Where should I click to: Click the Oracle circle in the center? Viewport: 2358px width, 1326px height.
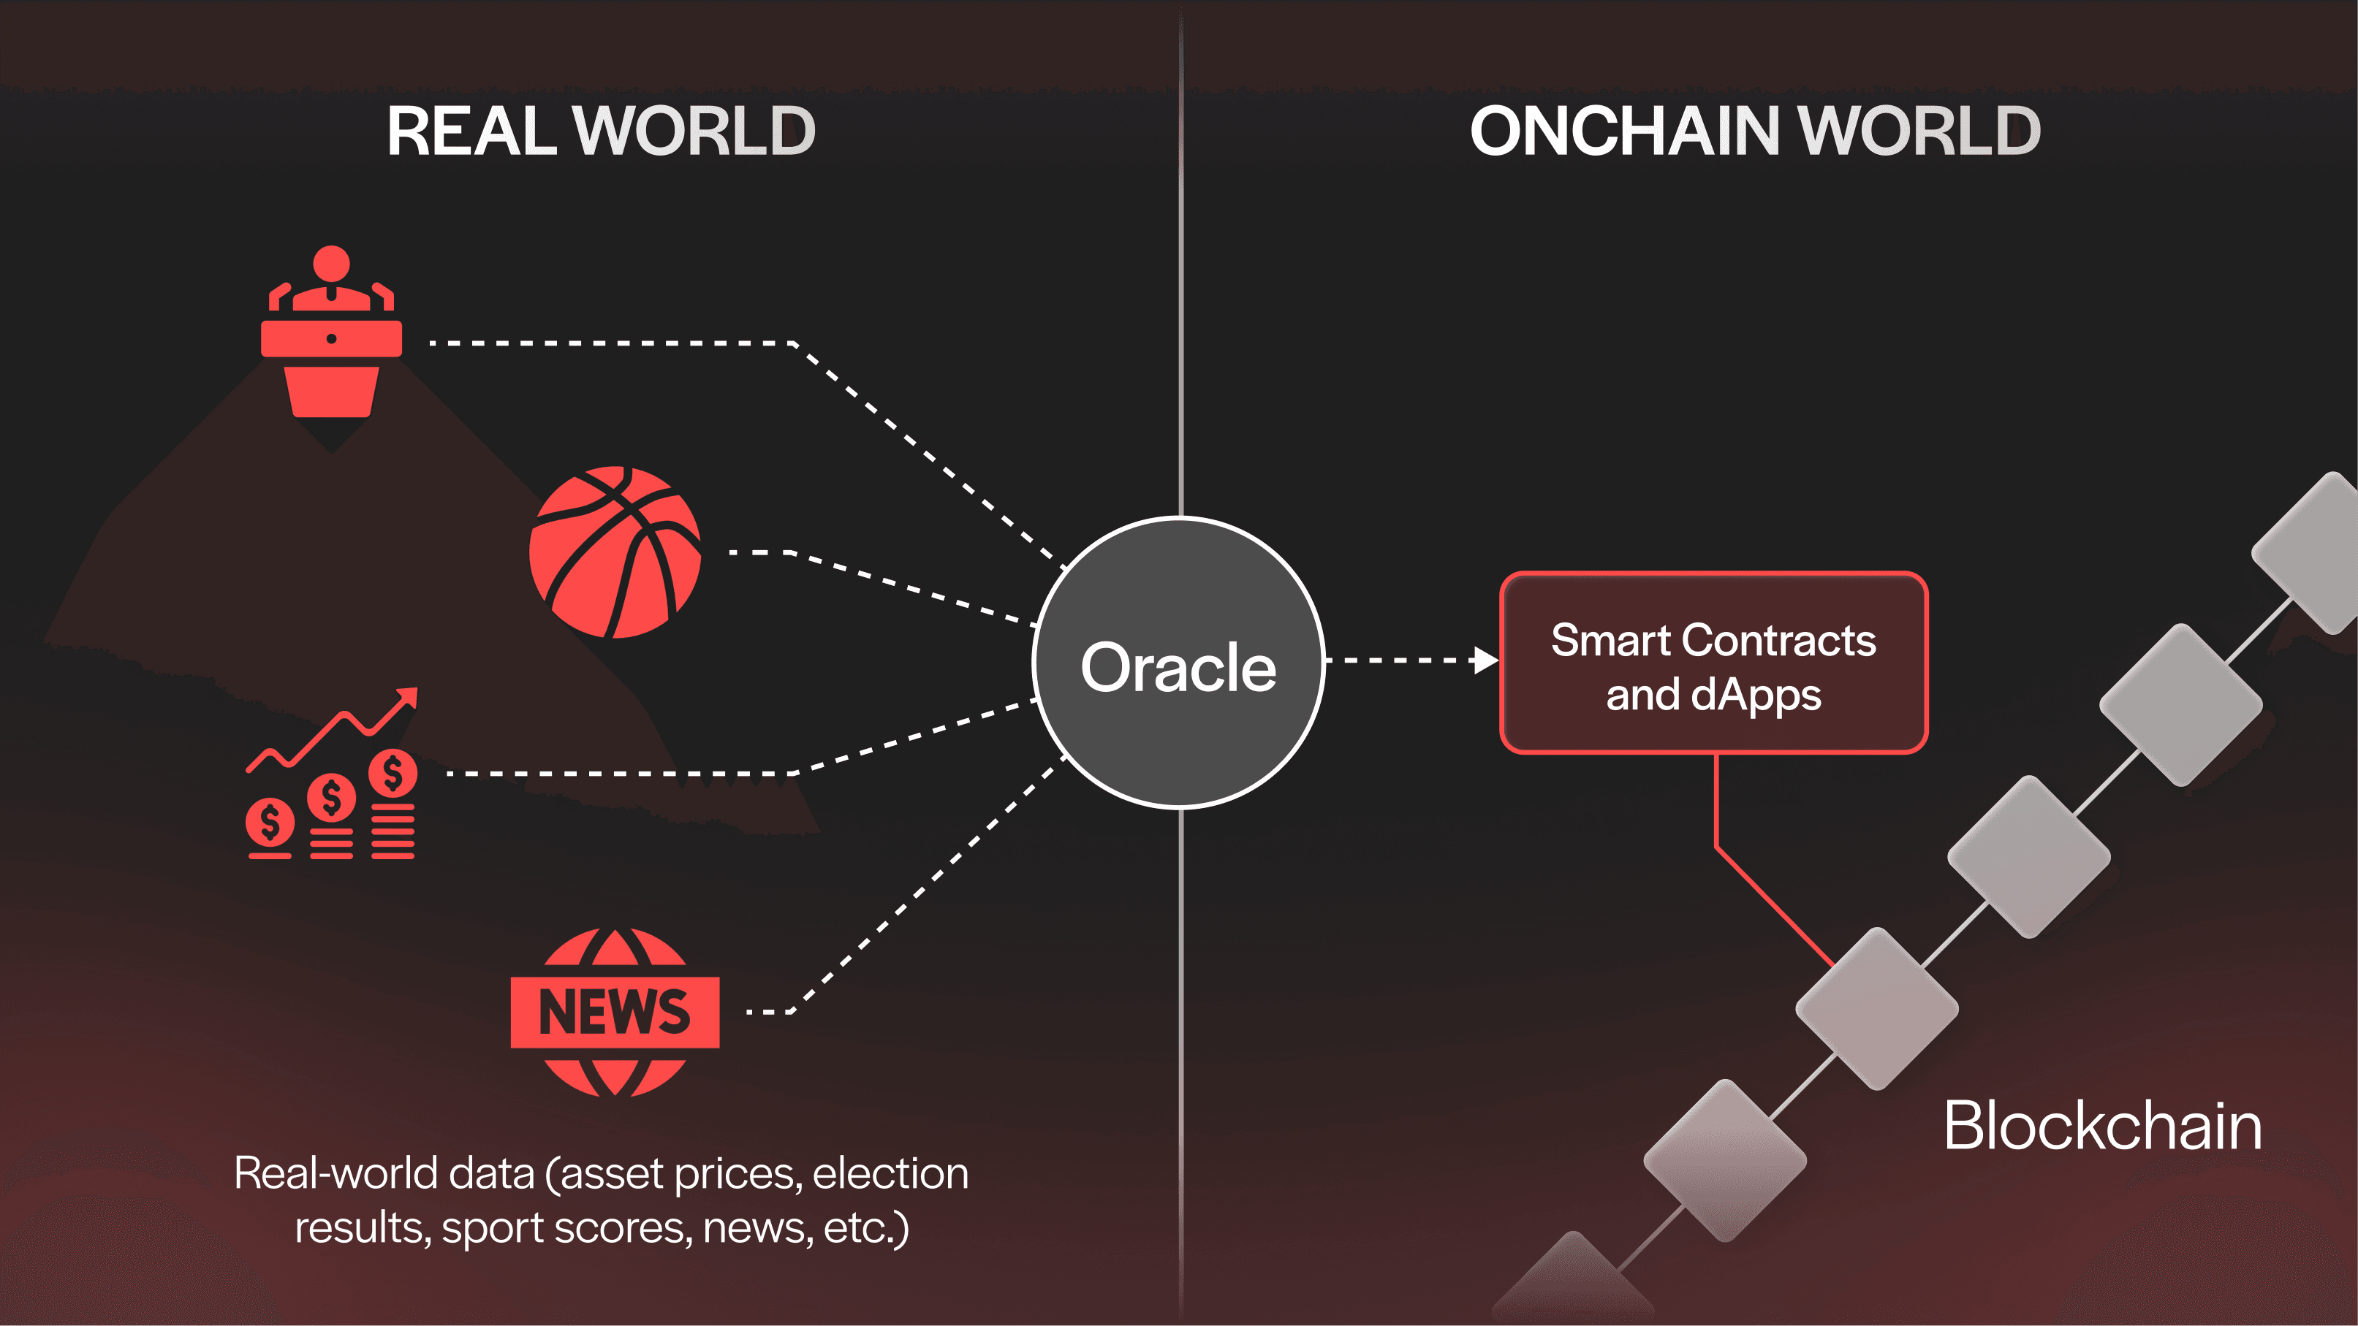point(1179,663)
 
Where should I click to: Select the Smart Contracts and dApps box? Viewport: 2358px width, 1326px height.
point(1713,663)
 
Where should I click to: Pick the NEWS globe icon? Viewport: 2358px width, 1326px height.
point(615,1012)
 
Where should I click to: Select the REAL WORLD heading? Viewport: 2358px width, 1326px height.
point(601,131)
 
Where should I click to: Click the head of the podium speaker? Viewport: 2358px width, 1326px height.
point(331,264)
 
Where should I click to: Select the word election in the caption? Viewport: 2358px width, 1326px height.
point(890,1173)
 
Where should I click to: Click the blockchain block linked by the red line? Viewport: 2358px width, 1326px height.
point(1876,1007)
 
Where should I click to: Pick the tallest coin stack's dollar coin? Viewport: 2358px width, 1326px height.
point(393,773)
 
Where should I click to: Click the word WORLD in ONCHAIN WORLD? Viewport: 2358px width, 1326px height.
point(1919,131)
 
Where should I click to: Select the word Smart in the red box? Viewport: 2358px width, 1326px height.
point(1610,641)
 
